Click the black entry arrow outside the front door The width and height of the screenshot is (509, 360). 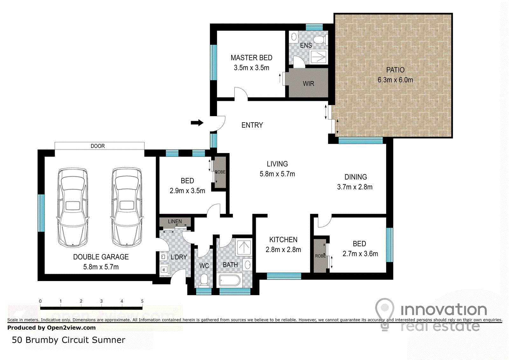pyautogui.click(x=197, y=123)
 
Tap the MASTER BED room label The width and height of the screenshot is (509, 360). pyautogui.click(x=251, y=58)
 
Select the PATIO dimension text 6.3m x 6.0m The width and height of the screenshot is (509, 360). pyautogui.click(x=395, y=80)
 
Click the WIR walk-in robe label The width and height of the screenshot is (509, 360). pyautogui.click(x=308, y=84)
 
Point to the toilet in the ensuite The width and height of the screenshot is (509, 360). pyautogui.click(x=321, y=39)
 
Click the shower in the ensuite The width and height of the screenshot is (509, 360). pyautogui.click(x=318, y=57)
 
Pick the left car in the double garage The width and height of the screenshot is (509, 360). pyautogui.click(x=73, y=208)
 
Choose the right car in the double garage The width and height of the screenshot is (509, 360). pyautogui.click(x=127, y=207)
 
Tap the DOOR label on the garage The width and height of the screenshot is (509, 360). pyautogui.click(x=98, y=146)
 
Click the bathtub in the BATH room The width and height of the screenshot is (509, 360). pyautogui.click(x=229, y=281)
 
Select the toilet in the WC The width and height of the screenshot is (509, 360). pyautogui.click(x=204, y=281)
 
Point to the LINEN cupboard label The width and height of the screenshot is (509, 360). pyautogui.click(x=175, y=221)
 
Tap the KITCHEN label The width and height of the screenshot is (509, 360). pyautogui.click(x=283, y=239)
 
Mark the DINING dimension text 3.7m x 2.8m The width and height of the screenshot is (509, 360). pyautogui.click(x=355, y=187)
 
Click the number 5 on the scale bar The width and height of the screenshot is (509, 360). pyautogui.click(x=142, y=301)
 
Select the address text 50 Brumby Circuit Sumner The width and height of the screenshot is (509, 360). pyautogui.click(x=68, y=340)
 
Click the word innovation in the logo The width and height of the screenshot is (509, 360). pyautogui.click(x=444, y=309)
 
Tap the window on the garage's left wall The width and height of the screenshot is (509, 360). pyautogui.click(x=41, y=213)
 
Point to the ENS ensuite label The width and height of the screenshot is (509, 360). pyautogui.click(x=306, y=46)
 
